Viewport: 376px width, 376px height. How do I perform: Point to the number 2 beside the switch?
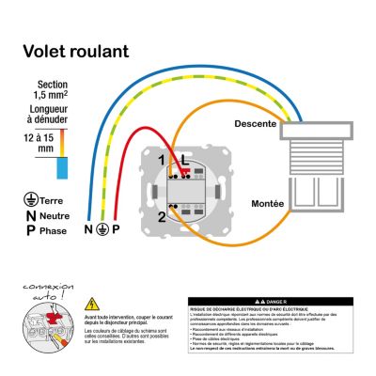(162, 217)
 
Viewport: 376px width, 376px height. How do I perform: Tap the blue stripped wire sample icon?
(62, 166)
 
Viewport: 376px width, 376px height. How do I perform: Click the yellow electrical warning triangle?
(92, 304)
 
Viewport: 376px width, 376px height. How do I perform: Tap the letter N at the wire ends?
(89, 229)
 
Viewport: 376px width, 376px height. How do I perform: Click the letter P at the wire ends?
(116, 229)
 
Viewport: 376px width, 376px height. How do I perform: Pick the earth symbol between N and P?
(102, 229)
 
